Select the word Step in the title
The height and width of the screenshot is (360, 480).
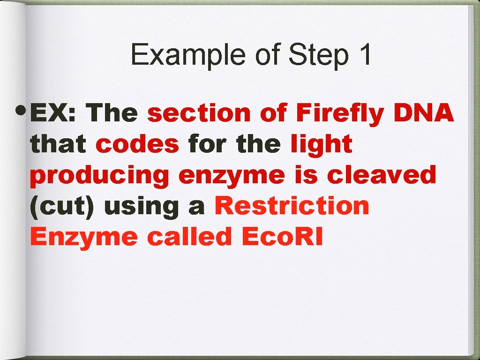click(318, 55)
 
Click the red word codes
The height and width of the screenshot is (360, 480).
click(137, 144)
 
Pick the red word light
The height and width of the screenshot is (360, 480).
click(321, 144)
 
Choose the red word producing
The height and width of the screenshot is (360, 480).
click(99, 176)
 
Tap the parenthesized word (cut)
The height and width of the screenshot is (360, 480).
click(62, 206)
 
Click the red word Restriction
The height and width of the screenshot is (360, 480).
click(292, 206)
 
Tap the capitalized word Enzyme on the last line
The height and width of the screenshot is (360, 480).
click(84, 238)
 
